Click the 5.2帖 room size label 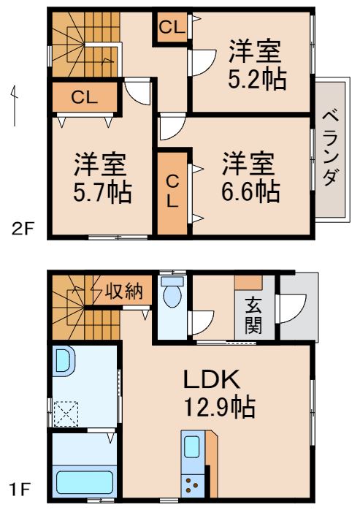point(256,79)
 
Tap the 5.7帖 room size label point(102,192)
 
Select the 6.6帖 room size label point(250,191)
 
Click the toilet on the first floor point(172,297)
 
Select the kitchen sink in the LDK point(193,446)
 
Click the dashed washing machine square point(68,414)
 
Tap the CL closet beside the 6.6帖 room point(172,191)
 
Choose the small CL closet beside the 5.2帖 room point(171,28)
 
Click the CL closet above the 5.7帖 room point(84,96)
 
